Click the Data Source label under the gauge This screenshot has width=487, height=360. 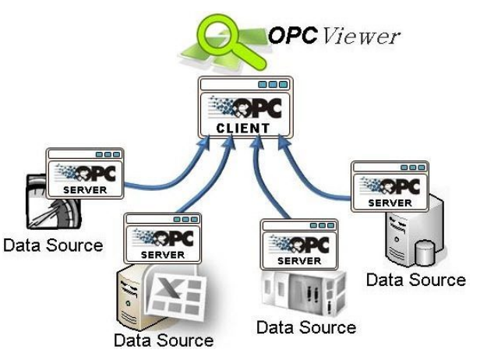(52, 245)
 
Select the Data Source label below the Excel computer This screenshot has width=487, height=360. (163, 341)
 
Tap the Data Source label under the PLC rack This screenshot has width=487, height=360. (307, 326)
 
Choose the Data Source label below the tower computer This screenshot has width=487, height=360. (417, 278)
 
